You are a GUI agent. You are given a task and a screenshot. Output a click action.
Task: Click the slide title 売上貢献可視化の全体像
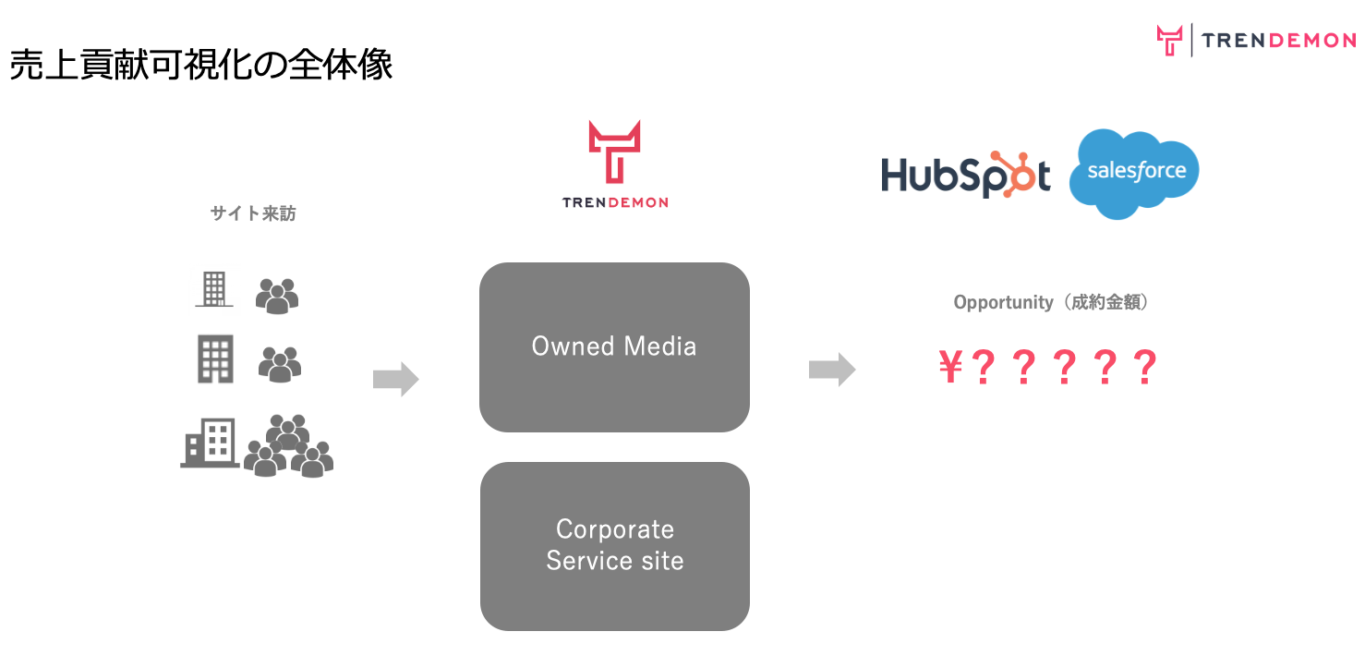coord(201,65)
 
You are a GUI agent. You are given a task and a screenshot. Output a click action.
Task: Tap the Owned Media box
coord(614,346)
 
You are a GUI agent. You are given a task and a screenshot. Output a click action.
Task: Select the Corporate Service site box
coord(614,545)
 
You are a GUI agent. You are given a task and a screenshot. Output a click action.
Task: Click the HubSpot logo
coord(965,175)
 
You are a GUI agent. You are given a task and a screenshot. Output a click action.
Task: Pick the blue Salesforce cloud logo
coord(1134,174)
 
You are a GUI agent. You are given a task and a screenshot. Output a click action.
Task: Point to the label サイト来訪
coord(253,213)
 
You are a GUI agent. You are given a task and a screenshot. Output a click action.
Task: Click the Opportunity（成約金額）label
coord(1051,302)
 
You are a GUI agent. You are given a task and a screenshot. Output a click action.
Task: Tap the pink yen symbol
coord(950,369)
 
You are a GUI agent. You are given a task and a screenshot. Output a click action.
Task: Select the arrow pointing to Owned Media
coord(396,379)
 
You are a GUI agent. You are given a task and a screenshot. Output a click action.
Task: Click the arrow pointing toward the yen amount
coord(832,370)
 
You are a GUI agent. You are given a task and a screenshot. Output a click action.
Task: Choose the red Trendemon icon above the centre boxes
coord(614,151)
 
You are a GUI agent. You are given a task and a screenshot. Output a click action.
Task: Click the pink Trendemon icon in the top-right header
coord(1169,41)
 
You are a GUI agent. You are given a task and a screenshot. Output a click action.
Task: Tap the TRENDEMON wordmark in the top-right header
coord(1279,41)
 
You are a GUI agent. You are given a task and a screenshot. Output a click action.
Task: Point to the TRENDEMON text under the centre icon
coord(614,202)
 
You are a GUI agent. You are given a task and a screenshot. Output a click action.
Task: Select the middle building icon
coord(215,359)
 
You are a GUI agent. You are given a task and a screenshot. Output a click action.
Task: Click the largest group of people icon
coord(288,445)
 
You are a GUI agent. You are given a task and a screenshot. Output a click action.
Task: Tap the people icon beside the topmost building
coord(277,296)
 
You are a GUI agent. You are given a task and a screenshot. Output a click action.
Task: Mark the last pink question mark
coord(1144,369)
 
